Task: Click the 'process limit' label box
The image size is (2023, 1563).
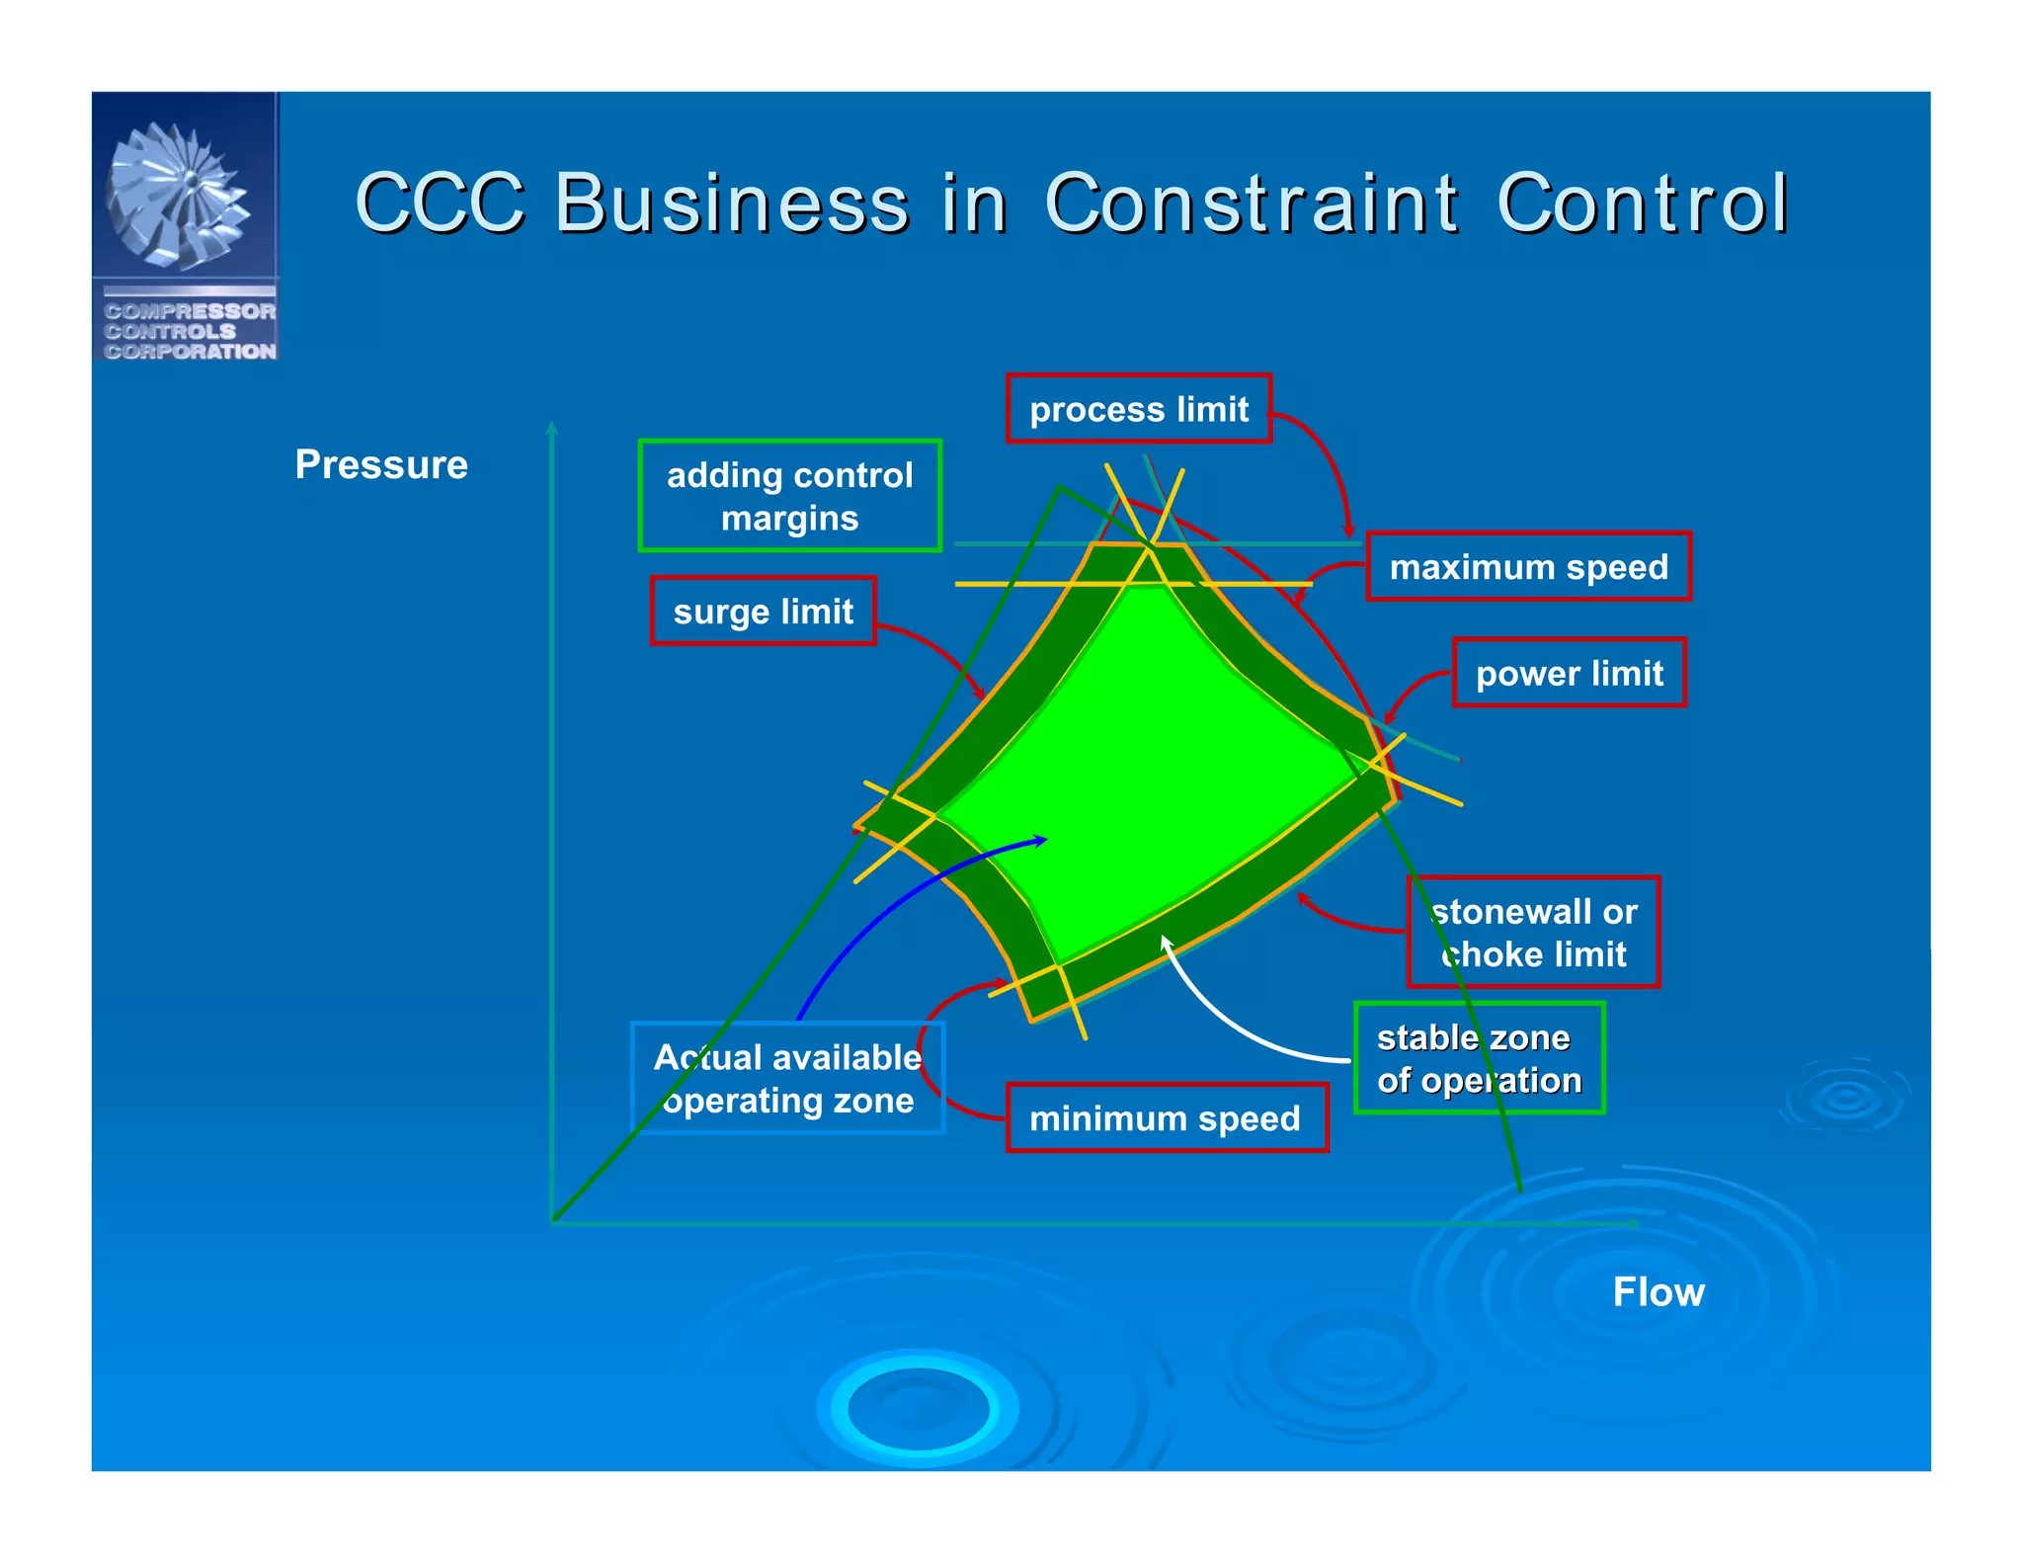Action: (x=1138, y=408)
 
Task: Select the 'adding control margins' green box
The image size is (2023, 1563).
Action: (x=789, y=496)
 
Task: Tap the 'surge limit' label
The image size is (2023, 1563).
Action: (x=763, y=612)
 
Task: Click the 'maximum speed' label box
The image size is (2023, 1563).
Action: (x=1528, y=566)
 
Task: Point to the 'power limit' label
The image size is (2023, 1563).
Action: (x=1569, y=673)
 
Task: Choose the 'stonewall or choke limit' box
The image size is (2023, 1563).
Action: (x=1533, y=932)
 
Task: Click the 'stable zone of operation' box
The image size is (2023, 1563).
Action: (x=1479, y=1058)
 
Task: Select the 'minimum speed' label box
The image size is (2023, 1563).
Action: (x=1166, y=1118)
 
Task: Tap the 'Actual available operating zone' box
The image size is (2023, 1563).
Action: (x=787, y=1078)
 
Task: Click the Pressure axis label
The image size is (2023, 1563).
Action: (x=381, y=464)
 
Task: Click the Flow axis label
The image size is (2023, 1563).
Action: (x=1658, y=1291)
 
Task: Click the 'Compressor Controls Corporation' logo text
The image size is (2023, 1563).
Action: (x=190, y=331)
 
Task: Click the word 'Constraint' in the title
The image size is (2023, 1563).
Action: (x=1251, y=203)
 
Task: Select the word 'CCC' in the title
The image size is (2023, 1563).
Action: (x=441, y=203)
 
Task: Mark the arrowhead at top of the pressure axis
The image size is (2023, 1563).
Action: (x=552, y=428)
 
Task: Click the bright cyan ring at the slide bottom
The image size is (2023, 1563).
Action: (x=919, y=1408)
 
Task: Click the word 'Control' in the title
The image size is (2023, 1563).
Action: (x=1642, y=203)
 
